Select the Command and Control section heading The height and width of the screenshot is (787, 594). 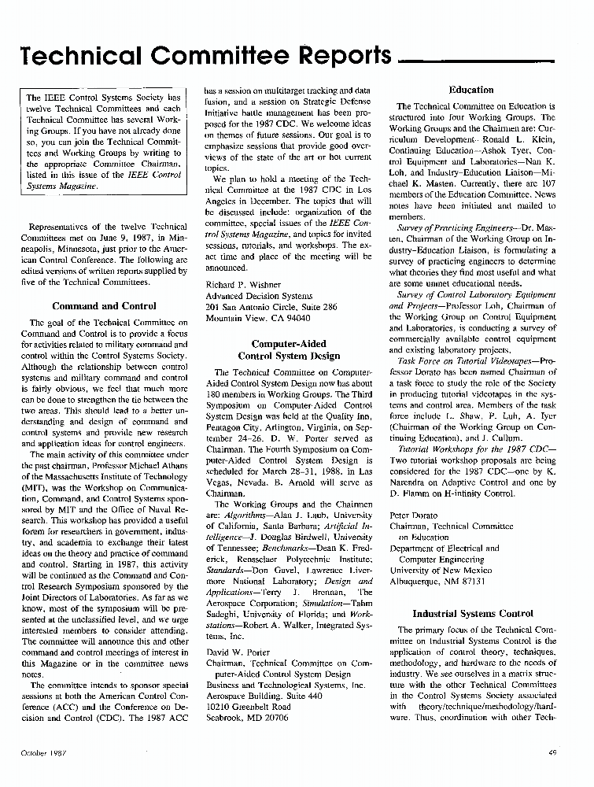click(x=104, y=305)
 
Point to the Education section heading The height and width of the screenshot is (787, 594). click(x=470, y=90)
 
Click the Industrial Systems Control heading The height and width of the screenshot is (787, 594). click(x=473, y=613)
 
